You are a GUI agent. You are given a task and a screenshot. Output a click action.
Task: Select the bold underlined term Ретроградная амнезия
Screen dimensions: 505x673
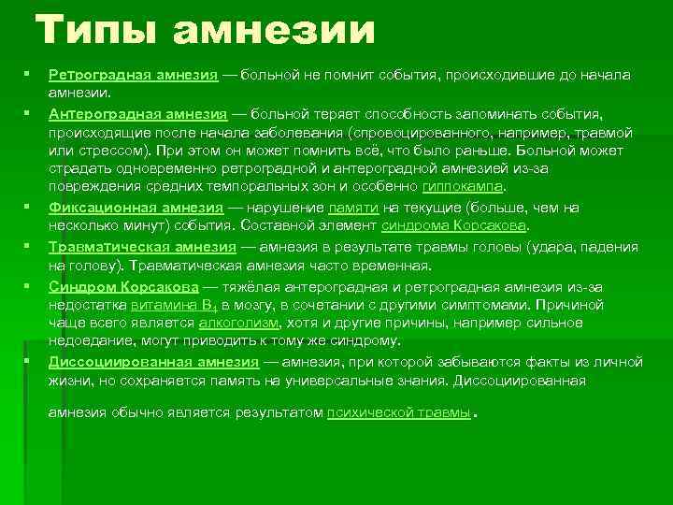(x=133, y=74)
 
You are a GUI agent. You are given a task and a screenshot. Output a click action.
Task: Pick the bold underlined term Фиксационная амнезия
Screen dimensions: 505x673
(x=136, y=208)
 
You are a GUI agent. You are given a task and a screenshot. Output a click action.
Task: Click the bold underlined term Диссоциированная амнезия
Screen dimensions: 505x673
(x=153, y=361)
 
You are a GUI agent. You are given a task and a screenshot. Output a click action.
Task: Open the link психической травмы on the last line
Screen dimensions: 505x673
(x=398, y=411)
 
